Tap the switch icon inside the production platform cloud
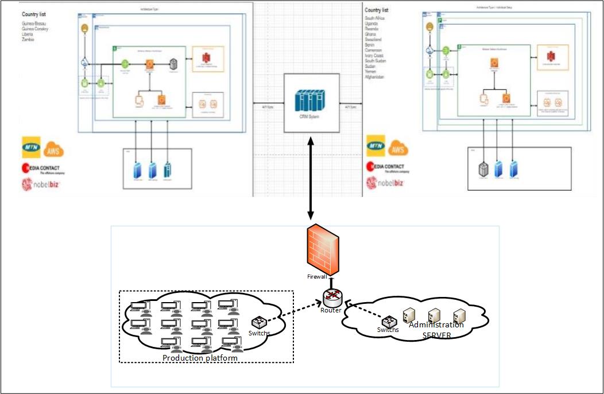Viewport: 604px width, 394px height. tap(258, 323)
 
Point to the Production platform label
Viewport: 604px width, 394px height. tap(200, 358)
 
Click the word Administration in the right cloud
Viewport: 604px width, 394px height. tap(436, 325)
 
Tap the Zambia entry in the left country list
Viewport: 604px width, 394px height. tap(28, 39)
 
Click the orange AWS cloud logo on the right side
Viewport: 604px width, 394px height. tap(398, 149)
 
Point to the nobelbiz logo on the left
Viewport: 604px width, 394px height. tap(41, 185)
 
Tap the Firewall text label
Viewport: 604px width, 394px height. tap(318, 277)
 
